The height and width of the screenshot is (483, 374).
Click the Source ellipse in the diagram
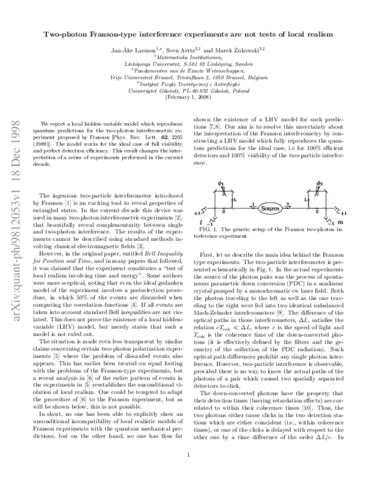pos(270,207)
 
